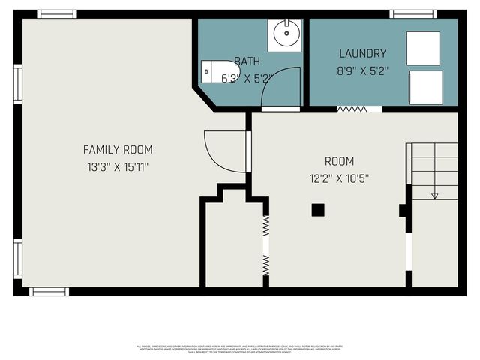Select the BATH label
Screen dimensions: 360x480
[x=247, y=61]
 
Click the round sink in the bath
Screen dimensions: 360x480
[x=285, y=34]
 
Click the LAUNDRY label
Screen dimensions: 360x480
[x=362, y=54]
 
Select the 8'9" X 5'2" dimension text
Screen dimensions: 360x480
[x=362, y=72]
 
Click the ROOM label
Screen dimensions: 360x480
[x=339, y=161]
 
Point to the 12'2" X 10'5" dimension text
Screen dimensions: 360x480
[x=339, y=179]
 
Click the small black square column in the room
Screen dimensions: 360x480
[x=319, y=210]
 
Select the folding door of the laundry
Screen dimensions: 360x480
[x=352, y=109]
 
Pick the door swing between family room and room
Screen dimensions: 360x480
[x=222, y=152]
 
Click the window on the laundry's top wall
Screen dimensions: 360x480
[x=413, y=13]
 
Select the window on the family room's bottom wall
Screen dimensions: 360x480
[x=49, y=291]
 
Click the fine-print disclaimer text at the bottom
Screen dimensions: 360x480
[x=240, y=349]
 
